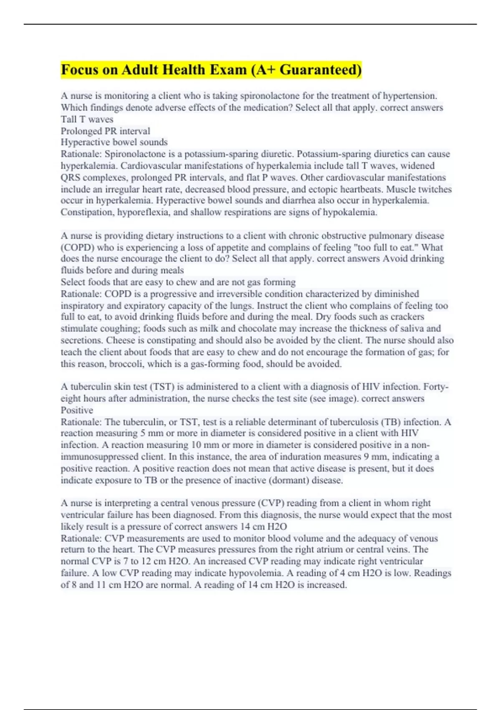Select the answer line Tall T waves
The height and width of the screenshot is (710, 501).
[x=87, y=119]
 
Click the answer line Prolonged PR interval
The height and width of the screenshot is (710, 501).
[x=105, y=131]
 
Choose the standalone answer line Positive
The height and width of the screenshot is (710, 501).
[x=77, y=410]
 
